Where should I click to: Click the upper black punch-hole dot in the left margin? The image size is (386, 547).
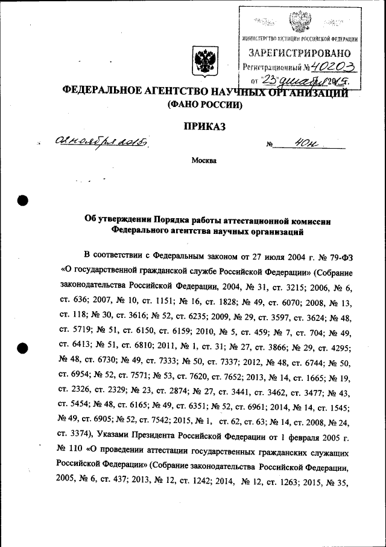click(23, 201)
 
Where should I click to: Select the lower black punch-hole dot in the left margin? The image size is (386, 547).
click(23, 348)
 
